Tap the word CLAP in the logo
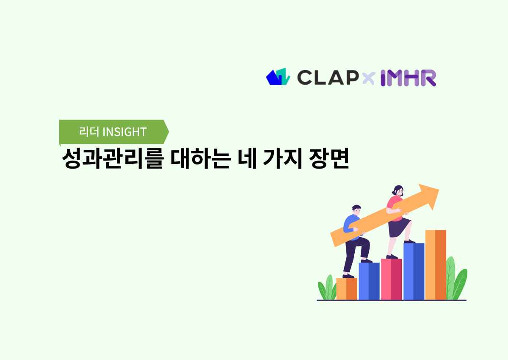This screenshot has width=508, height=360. tap(326, 77)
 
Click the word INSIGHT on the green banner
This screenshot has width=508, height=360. tap(124, 132)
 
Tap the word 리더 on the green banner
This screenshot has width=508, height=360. tap(89, 132)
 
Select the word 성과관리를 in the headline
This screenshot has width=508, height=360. tap(113, 160)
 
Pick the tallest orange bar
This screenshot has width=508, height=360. tap(436, 264)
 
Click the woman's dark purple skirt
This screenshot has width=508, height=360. tap(399, 228)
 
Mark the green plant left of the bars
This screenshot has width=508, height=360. tap(327, 288)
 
